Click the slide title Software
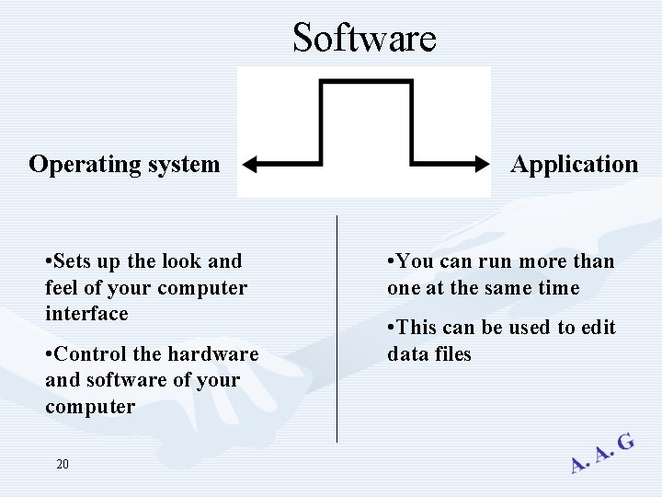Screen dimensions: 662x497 pos(364,39)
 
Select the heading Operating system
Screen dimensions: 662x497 pos(124,165)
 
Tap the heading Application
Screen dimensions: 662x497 pos(574,165)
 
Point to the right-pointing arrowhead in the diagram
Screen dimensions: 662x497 pos(482,165)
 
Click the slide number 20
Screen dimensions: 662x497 pos(63,465)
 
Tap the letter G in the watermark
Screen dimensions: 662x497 pos(625,443)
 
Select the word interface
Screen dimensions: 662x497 pos(86,314)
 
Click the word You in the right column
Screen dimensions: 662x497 pos(416,261)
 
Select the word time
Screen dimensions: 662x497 pos(559,288)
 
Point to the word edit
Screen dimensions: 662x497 pos(598,328)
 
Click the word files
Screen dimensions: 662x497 pos(451,354)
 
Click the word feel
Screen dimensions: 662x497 pos(62,288)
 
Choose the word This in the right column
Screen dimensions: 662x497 pos(417,328)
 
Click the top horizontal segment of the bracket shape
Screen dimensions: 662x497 pos(364,82)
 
